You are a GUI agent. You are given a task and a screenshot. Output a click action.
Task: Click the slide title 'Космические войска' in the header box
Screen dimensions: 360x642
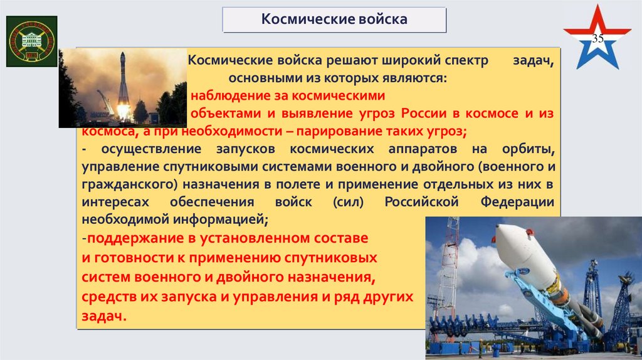coord(334,19)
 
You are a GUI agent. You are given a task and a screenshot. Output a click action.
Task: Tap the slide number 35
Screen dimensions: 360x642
coord(598,40)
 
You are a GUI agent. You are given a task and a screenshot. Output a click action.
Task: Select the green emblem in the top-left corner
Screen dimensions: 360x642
coord(31,41)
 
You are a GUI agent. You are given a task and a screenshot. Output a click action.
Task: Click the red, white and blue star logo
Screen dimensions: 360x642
coord(596,39)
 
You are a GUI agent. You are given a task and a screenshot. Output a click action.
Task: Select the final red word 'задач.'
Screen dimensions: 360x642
coord(103,316)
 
